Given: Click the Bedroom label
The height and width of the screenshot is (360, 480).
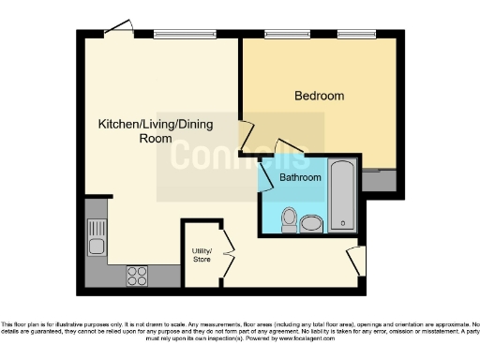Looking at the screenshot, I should tap(319, 96).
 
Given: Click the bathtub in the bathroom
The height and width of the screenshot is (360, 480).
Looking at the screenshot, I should tap(343, 198).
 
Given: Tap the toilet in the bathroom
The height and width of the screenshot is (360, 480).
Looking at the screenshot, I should tap(290, 218).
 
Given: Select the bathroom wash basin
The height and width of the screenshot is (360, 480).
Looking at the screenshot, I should tap(311, 222).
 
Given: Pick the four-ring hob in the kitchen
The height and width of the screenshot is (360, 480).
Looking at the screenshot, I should tap(137, 275).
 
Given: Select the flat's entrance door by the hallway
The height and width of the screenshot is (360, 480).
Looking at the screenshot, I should tap(353, 260).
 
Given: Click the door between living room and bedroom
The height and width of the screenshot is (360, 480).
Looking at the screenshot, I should tap(246, 140).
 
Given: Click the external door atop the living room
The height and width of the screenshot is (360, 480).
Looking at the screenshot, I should tap(116, 29).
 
